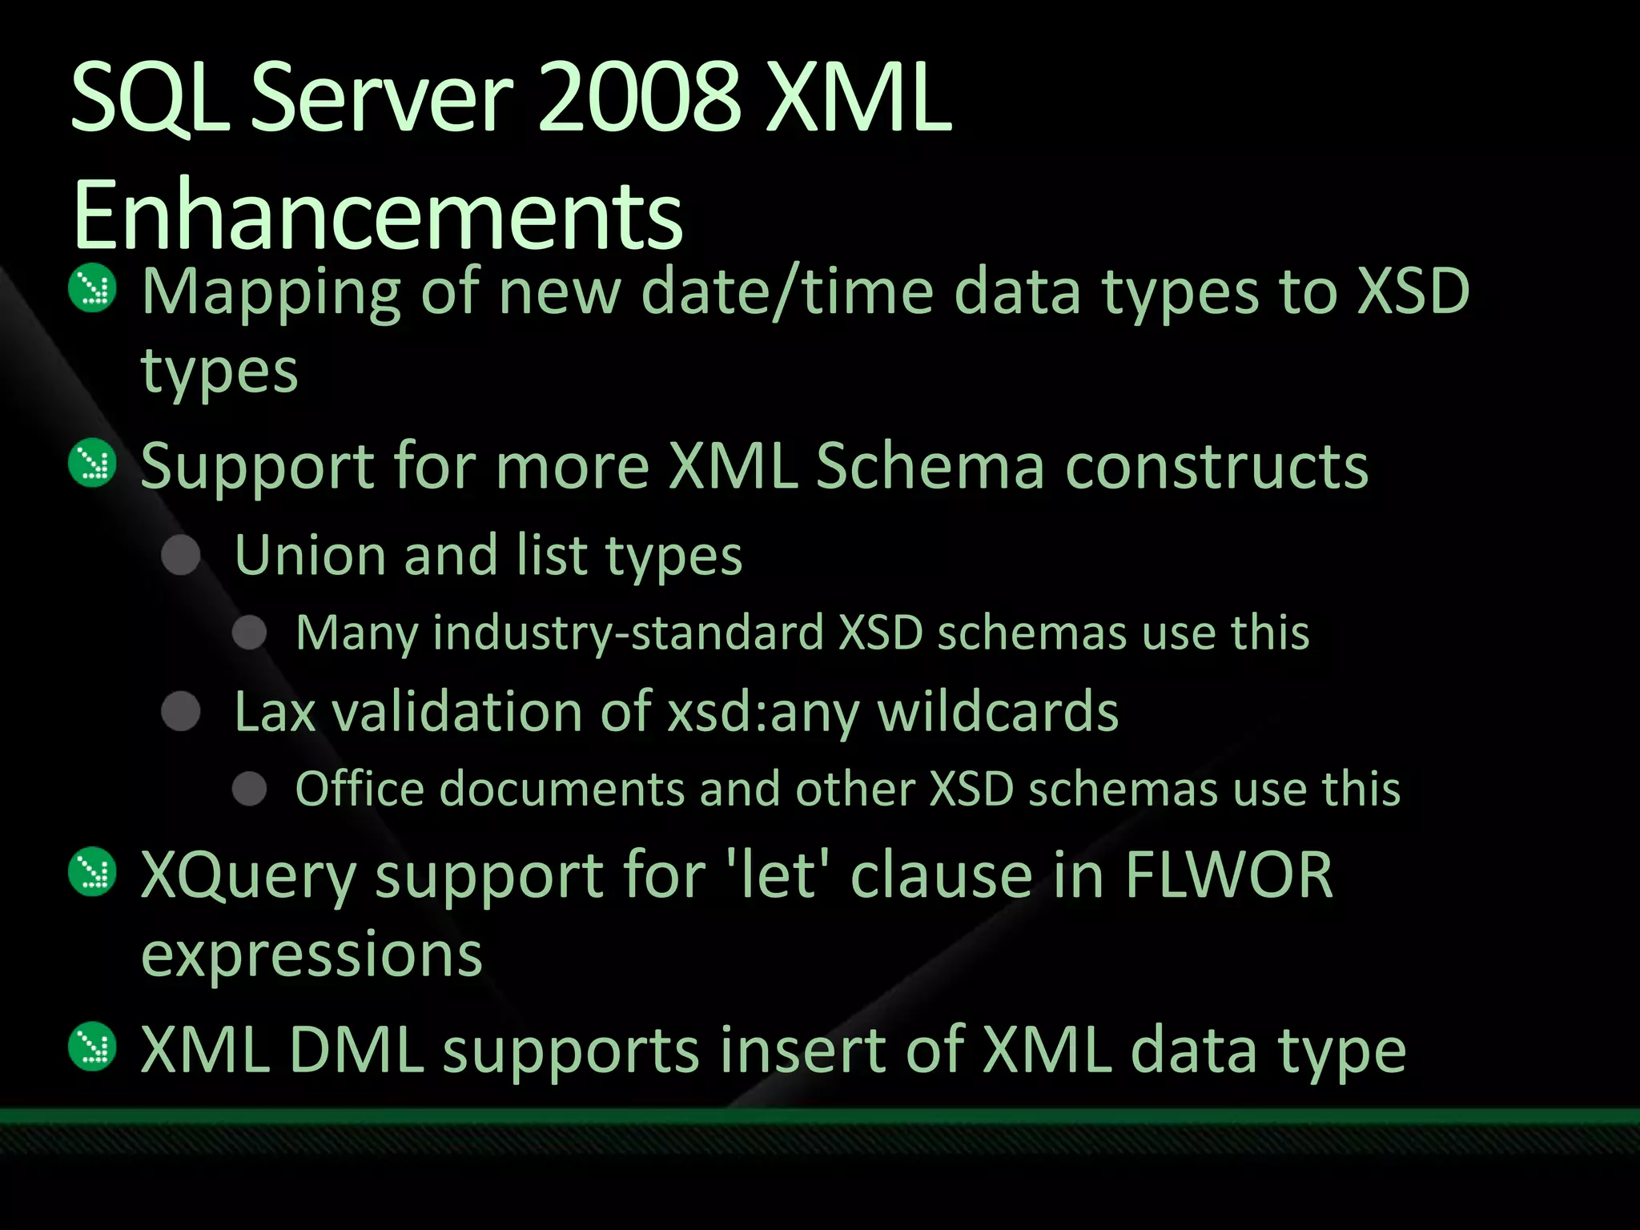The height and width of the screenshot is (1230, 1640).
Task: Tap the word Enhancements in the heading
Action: tap(377, 215)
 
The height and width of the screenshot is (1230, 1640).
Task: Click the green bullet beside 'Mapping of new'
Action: tap(93, 288)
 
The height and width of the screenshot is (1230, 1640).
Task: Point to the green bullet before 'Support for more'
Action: tap(93, 463)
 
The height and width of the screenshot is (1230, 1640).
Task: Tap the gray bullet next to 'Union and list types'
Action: tap(181, 555)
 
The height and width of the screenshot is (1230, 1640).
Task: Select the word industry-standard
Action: tap(629, 633)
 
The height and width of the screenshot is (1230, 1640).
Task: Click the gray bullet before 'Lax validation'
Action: tap(181, 711)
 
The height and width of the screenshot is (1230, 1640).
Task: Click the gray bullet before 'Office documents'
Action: tap(250, 789)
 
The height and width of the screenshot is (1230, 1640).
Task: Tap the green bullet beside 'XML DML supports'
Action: tap(93, 1047)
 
